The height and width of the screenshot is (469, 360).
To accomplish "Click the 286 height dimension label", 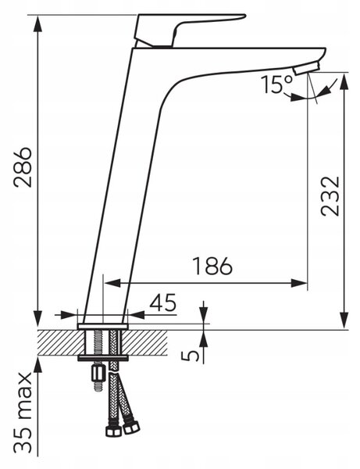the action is click(x=23, y=167).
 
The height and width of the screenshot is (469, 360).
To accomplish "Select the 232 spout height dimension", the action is click(x=330, y=196).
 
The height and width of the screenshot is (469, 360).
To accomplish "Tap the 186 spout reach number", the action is click(x=212, y=266).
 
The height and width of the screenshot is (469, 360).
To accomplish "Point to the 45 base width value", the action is click(x=163, y=303).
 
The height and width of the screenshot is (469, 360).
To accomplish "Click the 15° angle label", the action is click(x=277, y=84).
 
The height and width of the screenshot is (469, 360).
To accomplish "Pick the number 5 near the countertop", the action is click(x=190, y=356).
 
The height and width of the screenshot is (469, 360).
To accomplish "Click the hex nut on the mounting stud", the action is click(x=98, y=372).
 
